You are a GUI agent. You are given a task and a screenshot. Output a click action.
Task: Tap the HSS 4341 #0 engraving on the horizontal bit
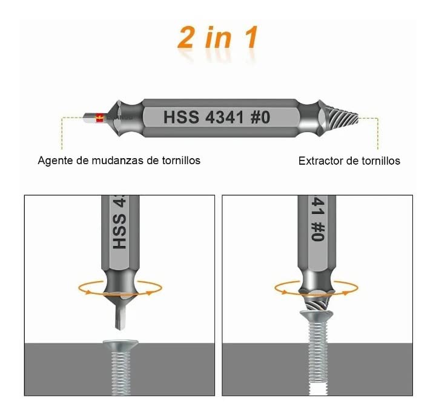[x=216, y=117]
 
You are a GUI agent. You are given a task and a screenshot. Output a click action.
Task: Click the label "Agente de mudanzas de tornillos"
[x=119, y=161]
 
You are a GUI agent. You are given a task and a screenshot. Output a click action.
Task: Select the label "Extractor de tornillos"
[x=349, y=161]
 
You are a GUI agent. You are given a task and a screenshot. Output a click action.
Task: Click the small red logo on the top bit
[x=100, y=119]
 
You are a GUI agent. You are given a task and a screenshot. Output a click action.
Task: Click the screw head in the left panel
[x=120, y=345]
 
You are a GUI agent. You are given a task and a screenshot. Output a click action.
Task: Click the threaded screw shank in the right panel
[x=317, y=357]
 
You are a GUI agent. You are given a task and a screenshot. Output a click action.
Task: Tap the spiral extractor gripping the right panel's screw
[x=317, y=300]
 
